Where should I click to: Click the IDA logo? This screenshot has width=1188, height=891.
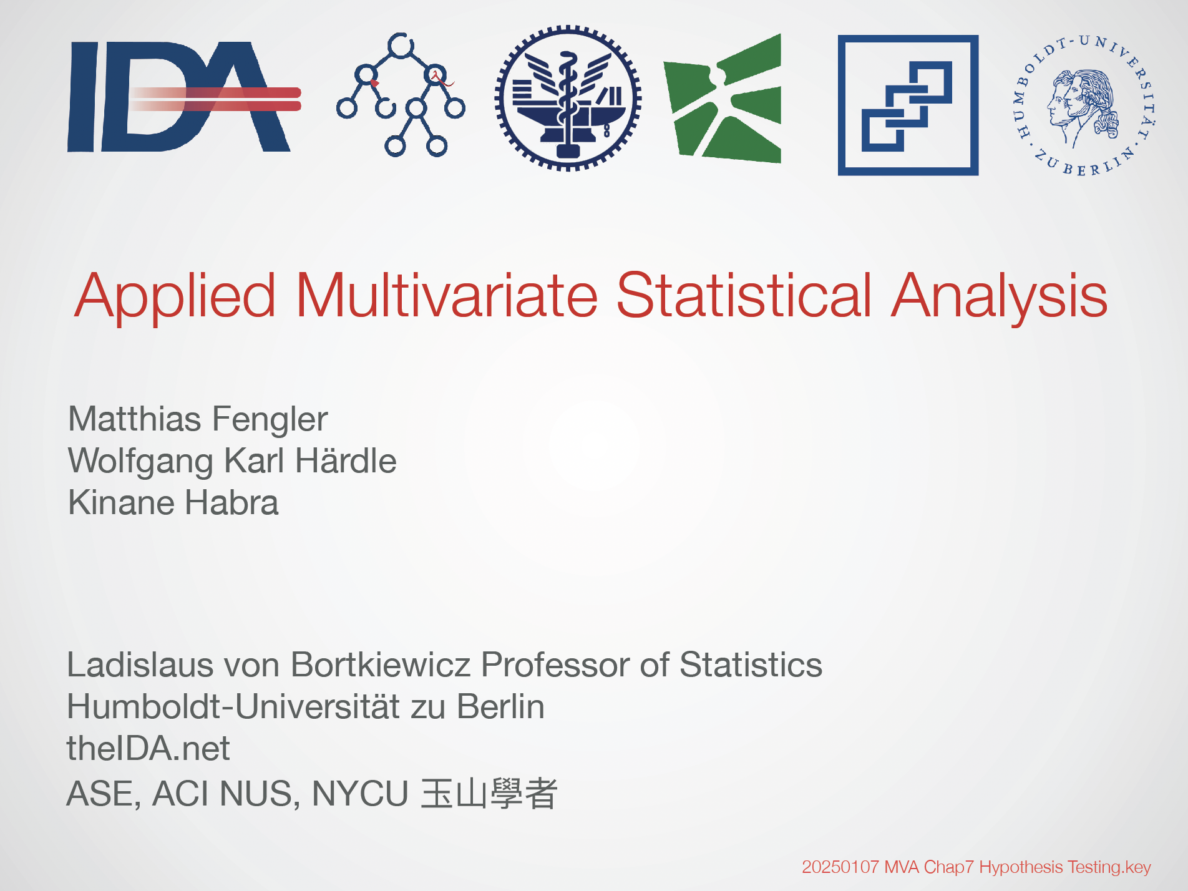point(184,97)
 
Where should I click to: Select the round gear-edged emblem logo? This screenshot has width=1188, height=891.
point(568,98)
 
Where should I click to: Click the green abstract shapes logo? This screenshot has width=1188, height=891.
point(722,98)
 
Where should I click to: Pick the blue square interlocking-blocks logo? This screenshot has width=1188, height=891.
point(908,105)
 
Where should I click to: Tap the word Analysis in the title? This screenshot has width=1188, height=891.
point(999,297)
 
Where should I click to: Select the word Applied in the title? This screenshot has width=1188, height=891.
point(175,297)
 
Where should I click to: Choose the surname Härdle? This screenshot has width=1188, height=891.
point(346,460)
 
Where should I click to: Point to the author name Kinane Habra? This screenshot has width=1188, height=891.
point(173,502)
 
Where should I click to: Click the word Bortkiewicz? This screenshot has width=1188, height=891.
point(381,665)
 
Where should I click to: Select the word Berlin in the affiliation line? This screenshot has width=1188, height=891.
point(500,706)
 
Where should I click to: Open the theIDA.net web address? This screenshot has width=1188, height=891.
point(148,748)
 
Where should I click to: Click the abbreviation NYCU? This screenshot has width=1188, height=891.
point(360,794)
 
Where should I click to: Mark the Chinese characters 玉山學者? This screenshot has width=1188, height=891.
point(489,794)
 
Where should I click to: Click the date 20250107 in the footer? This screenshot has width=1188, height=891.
point(840,867)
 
